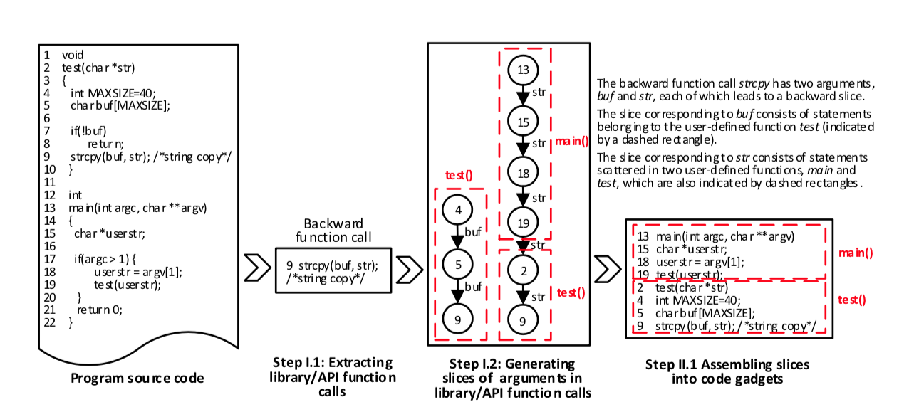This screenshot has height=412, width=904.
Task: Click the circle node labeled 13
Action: (523, 70)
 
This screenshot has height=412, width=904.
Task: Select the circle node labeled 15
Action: (523, 122)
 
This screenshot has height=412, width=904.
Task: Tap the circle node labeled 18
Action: (523, 173)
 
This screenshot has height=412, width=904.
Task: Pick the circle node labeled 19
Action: (523, 223)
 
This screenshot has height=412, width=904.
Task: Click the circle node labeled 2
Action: (523, 270)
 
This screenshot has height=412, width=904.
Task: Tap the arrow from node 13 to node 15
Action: (523, 95)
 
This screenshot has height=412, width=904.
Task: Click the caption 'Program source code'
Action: (137, 378)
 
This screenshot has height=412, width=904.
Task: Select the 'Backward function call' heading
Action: (333, 230)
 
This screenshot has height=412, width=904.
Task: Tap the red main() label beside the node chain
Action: (571, 141)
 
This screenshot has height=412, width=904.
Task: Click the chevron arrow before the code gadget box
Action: (607, 270)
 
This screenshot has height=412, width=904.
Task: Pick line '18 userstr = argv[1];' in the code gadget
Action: (693, 261)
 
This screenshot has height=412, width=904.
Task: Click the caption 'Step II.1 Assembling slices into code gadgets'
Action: (727, 371)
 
